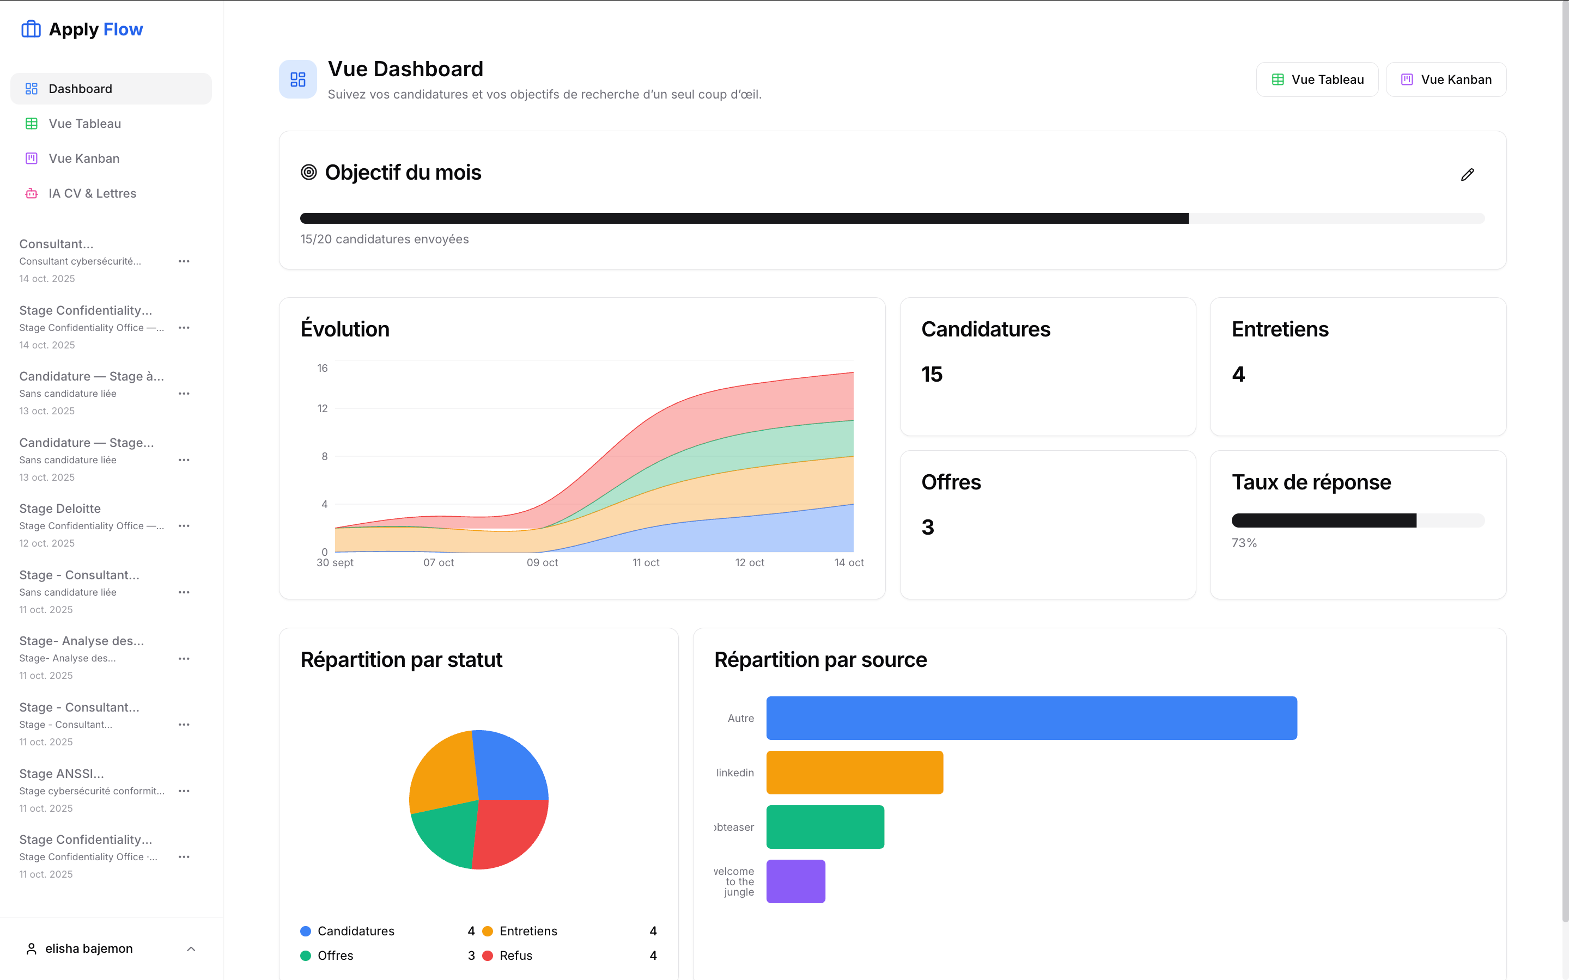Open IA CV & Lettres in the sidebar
[92, 193]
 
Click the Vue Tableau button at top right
[1317, 79]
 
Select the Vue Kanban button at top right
[1446, 79]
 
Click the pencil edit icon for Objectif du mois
[1467, 174]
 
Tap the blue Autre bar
[1031, 718]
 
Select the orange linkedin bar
[854, 773]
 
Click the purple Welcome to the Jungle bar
[795, 881]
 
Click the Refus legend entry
[515, 955]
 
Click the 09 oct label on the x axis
[542, 562]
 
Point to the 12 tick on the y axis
[322, 408]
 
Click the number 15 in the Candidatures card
[932, 374]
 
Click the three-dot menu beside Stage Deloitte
[184, 525]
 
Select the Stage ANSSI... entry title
[62, 773]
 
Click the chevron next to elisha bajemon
[191, 949]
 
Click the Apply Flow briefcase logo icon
[31, 29]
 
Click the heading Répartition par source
[820, 660]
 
